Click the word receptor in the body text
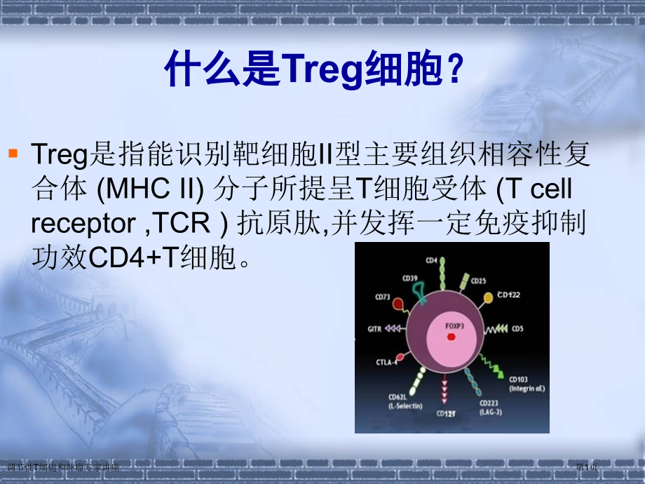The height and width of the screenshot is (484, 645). coord(83,223)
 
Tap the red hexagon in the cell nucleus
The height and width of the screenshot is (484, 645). coord(451,338)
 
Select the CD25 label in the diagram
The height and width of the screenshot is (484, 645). coord(478,281)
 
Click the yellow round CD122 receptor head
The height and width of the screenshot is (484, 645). coord(488,299)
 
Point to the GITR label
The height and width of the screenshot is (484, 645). coord(374,328)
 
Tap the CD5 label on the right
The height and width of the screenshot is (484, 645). coord(517,328)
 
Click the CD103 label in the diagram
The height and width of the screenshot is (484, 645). coord(519,379)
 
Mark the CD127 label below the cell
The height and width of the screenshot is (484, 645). coord(446,413)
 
